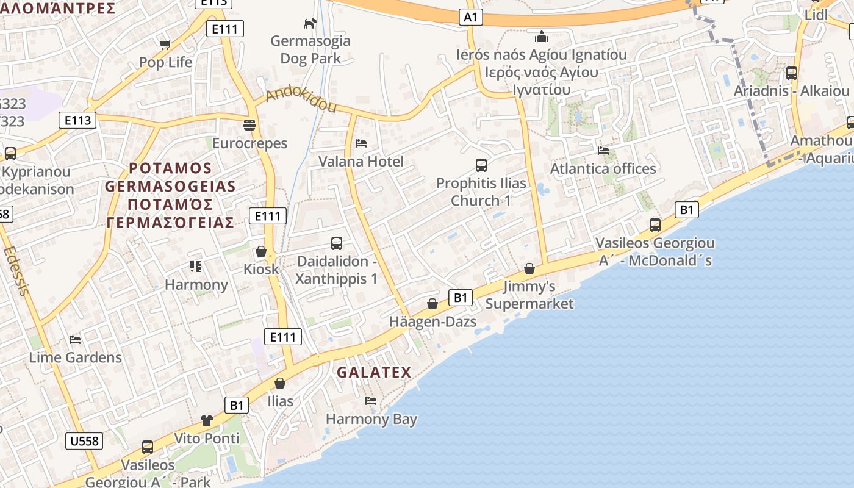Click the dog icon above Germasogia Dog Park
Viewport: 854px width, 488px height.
[x=310, y=23]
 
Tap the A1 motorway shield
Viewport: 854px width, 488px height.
[x=470, y=17]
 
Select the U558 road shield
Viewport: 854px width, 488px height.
[x=84, y=441]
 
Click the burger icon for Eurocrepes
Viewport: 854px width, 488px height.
[x=249, y=125]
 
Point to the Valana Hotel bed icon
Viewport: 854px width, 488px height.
[x=361, y=143]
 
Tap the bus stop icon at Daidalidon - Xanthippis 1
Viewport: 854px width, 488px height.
[x=337, y=243]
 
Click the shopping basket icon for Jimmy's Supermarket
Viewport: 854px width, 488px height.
[x=529, y=268]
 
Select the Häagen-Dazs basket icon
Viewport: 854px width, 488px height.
[x=432, y=304]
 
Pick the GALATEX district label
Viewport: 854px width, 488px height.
[x=374, y=372]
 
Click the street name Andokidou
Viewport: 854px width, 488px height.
[x=301, y=101]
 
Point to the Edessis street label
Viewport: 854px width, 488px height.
[x=16, y=270]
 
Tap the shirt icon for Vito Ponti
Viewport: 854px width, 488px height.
[x=207, y=420]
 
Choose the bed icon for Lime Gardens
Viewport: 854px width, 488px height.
[x=75, y=339]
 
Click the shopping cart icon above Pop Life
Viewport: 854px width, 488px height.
[x=165, y=45]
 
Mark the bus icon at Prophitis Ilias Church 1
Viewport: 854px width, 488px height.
[x=481, y=165]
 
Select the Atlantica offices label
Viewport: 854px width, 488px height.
[x=603, y=168]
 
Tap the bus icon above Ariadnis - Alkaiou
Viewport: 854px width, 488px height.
[x=792, y=73]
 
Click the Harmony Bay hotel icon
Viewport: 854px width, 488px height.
[x=371, y=401]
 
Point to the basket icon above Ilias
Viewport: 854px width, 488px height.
[x=280, y=383]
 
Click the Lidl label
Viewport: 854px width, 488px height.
[x=816, y=15]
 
